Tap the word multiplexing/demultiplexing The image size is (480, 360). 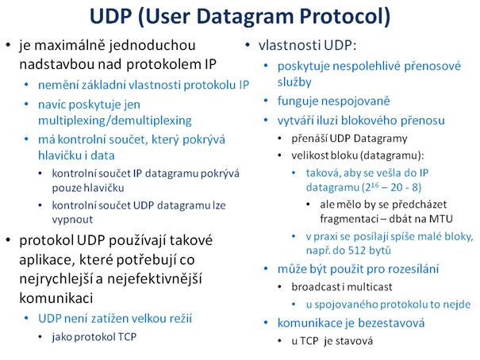115,121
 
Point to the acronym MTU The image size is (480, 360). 440,219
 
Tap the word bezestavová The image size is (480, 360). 391,323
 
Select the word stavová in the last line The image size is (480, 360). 354,341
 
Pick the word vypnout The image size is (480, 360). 72,220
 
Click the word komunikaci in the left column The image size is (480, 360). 56,298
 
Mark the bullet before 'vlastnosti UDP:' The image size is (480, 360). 248,45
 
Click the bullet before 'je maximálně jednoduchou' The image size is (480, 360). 8,45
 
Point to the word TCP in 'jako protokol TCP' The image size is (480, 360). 127,337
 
